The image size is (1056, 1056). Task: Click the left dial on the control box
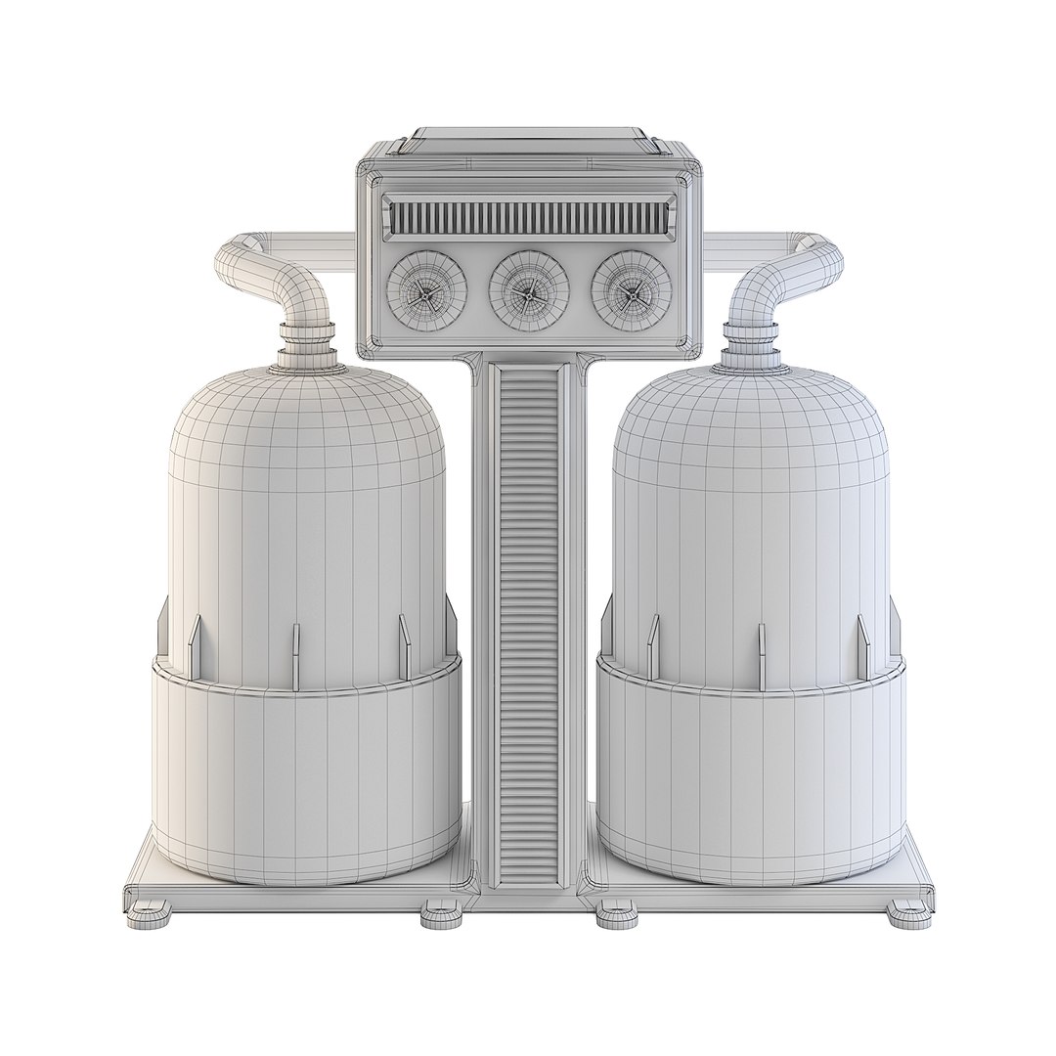click(x=426, y=290)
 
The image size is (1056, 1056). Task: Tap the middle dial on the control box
click(x=529, y=290)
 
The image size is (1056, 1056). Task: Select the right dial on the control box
click(x=631, y=290)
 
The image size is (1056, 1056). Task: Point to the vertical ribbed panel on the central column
click(x=529, y=626)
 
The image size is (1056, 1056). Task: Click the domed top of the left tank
click(x=307, y=420)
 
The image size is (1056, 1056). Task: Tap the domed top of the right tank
click(x=751, y=420)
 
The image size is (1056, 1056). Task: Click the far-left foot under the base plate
click(x=148, y=915)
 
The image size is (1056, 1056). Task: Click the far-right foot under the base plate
click(x=909, y=915)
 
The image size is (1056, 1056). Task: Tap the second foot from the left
click(x=441, y=917)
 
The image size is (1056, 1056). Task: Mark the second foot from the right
click(x=617, y=917)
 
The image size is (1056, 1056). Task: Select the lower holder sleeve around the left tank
click(x=307, y=772)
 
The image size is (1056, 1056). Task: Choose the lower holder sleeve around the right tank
click(x=751, y=772)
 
